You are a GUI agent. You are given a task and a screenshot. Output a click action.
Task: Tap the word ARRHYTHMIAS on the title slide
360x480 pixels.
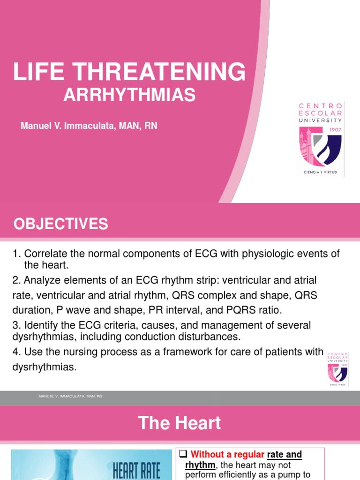point(129,95)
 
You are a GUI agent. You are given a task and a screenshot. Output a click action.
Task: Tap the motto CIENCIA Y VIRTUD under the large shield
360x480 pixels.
point(321,172)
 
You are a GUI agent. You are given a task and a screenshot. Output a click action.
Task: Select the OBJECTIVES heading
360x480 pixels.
point(61,224)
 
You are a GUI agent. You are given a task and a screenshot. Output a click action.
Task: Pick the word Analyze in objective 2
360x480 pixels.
point(40,280)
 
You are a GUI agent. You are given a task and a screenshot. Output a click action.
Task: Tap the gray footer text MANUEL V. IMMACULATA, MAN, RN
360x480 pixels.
point(70,397)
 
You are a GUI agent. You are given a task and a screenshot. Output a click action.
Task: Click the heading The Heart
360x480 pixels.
point(180,423)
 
